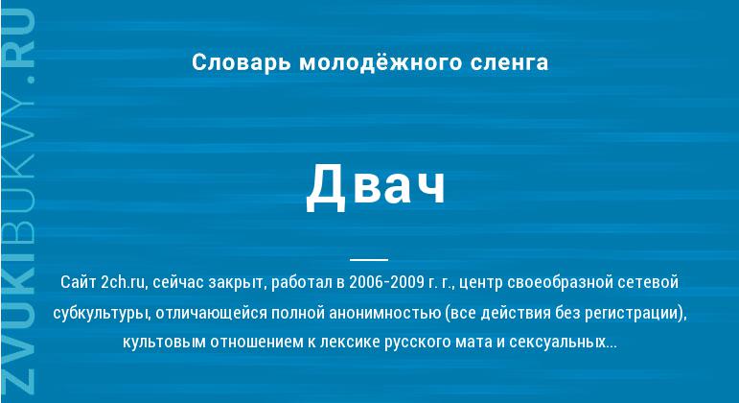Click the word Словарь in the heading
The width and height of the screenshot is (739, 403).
pyautogui.click(x=241, y=63)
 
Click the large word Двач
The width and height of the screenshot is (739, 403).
pyautogui.click(x=376, y=185)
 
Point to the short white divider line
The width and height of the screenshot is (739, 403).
pyautogui.click(x=369, y=259)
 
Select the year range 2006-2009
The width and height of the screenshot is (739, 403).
pyautogui.click(x=386, y=282)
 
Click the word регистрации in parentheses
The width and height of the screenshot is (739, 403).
pyautogui.click(x=635, y=314)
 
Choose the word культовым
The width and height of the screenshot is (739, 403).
pyautogui.click(x=164, y=342)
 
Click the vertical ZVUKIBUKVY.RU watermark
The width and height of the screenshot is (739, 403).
pyautogui.click(x=19, y=201)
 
